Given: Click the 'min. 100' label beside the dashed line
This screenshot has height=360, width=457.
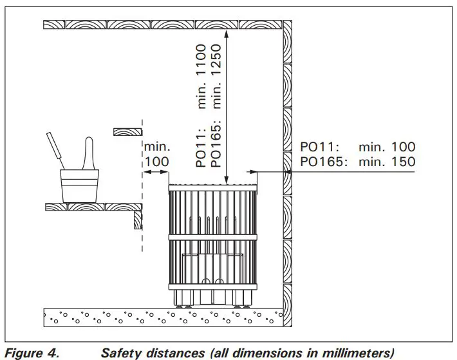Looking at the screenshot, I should pos(156,153).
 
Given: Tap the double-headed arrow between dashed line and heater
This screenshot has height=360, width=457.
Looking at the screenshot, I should pos(156,173).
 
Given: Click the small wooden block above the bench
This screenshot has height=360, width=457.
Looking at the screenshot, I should pos(127,132).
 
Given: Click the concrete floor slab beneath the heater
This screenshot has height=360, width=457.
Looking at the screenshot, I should pos(161,316).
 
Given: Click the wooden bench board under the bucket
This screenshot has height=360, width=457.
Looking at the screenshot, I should pos(90,207).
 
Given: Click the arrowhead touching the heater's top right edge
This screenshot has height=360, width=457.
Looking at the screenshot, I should pos(252,172).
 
